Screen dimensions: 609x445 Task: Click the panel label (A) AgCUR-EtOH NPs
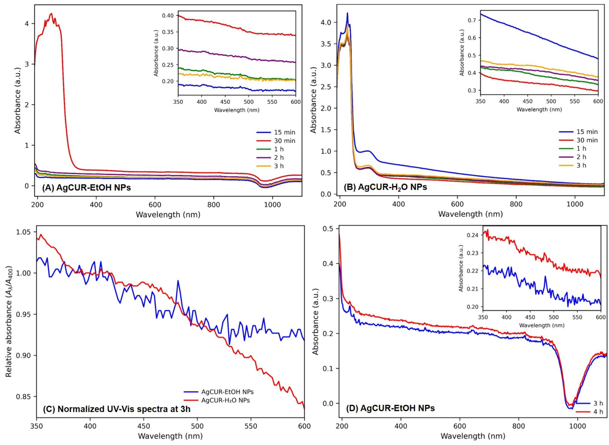[x=86, y=188]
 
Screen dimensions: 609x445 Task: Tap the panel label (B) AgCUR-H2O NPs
[x=385, y=187]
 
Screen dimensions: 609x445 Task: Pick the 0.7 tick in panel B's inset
[x=472, y=20]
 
